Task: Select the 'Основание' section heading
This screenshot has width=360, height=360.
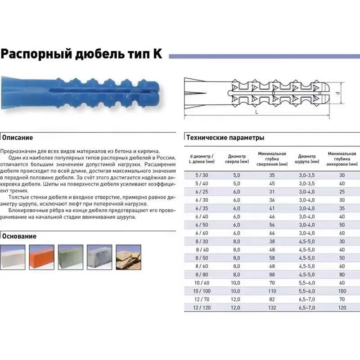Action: (19, 236)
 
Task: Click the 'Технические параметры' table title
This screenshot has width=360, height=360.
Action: (225, 138)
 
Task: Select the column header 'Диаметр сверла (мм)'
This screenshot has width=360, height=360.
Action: (237, 159)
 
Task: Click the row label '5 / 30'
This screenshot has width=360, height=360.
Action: (196, 175)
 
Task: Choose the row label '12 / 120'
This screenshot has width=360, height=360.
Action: (196, 308)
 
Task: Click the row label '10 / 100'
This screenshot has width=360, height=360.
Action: (196, 291)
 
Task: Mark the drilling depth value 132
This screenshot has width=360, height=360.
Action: (272, 308)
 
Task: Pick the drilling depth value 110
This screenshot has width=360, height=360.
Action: (272, 291)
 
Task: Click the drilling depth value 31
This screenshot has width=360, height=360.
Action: (272, 192)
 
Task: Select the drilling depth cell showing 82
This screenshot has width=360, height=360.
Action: (272, 299)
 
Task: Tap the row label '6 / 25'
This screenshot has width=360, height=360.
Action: (196, 192)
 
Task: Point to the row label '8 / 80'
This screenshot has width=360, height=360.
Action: (196, 274)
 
